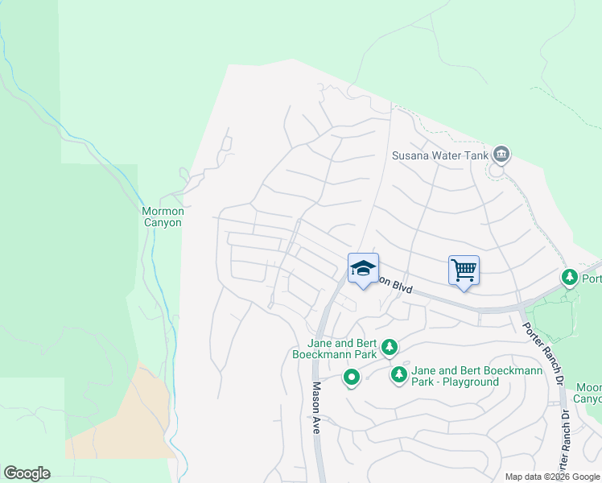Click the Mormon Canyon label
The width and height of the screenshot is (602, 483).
(x=163, y=217)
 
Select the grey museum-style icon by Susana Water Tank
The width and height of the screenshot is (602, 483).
(x=501, y=153)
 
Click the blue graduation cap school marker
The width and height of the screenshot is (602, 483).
(x=363, y=269)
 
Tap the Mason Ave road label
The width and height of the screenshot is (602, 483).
(x=316, y=408)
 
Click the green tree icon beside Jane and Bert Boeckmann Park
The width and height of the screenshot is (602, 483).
(x=390, y=347)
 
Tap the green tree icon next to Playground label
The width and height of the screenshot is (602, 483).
(x=398, y=375)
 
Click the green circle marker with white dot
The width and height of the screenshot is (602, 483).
(x=352, y=377)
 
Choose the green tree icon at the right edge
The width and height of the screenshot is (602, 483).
(x=570, y=278)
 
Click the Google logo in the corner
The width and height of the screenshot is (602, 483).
(x=27, y=473)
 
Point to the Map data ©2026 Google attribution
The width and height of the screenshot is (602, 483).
(x=552, y=477)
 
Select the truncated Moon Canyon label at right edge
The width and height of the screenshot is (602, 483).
(x=588, y=393)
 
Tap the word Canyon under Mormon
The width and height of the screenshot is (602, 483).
(x=163, y=223)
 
